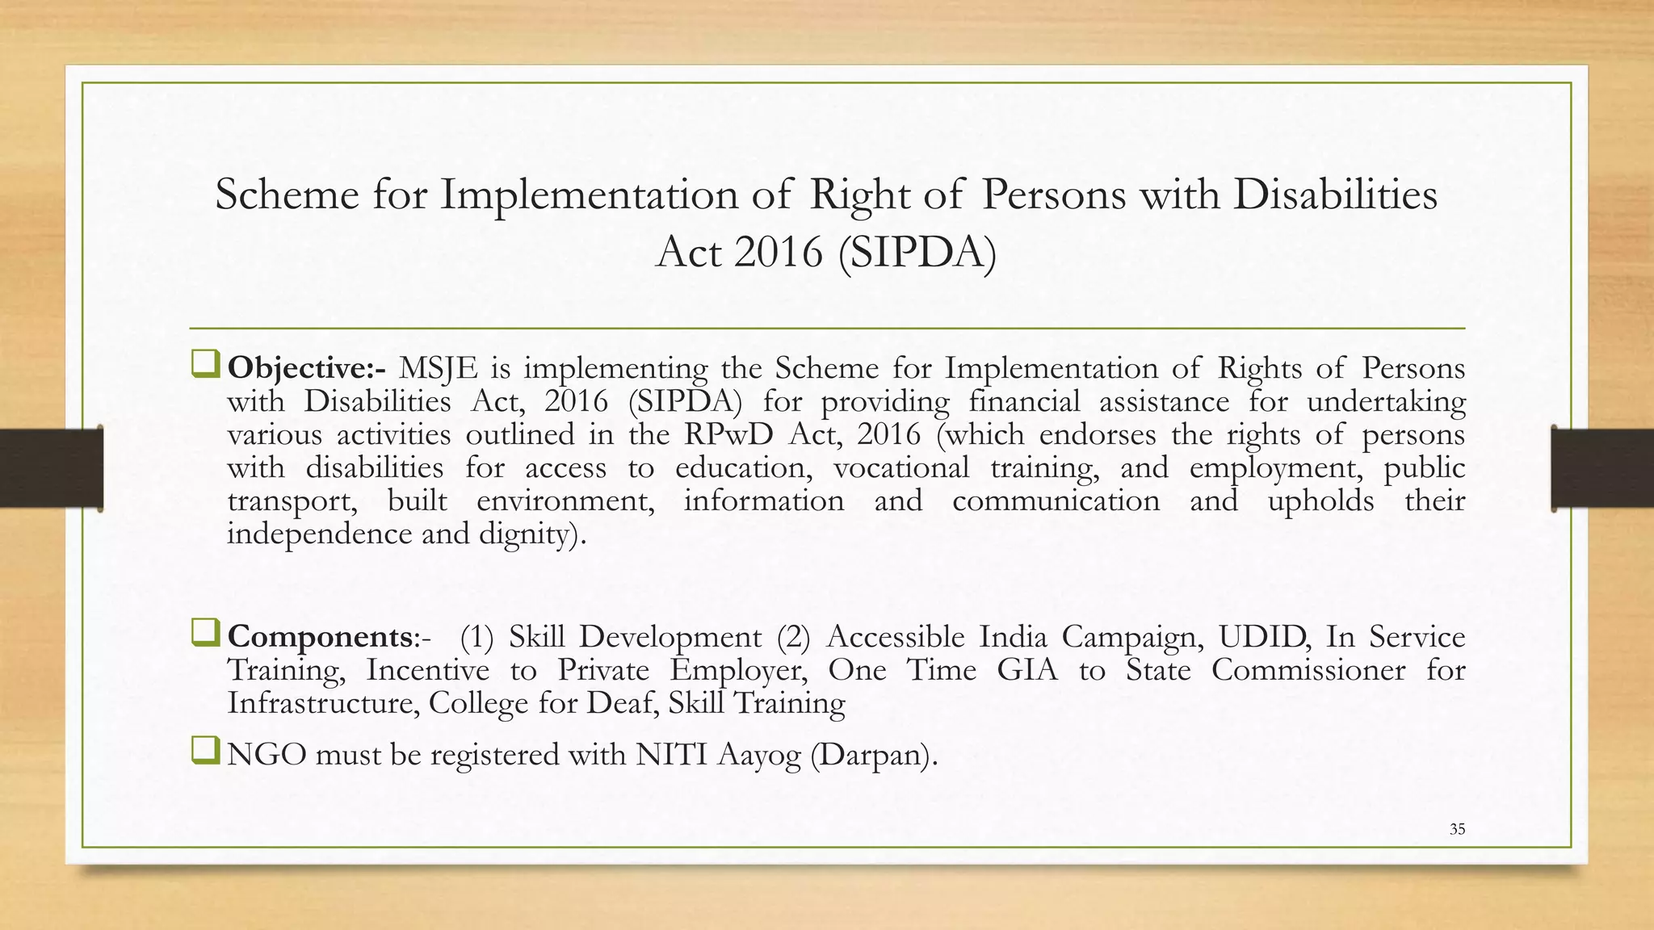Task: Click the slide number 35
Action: (x=1457, y=829)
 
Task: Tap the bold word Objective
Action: (x=299, y=369)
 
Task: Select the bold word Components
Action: (x=320, y=638)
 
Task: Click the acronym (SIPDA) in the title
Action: (x=917, y=253)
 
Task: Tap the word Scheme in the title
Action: (x=287, y=195)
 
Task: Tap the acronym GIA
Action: (x=1027, y=670)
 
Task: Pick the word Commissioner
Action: (x=1308, y=670)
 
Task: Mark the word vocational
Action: (x=901, y=468)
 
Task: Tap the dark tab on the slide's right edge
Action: (x=1602, y=468)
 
